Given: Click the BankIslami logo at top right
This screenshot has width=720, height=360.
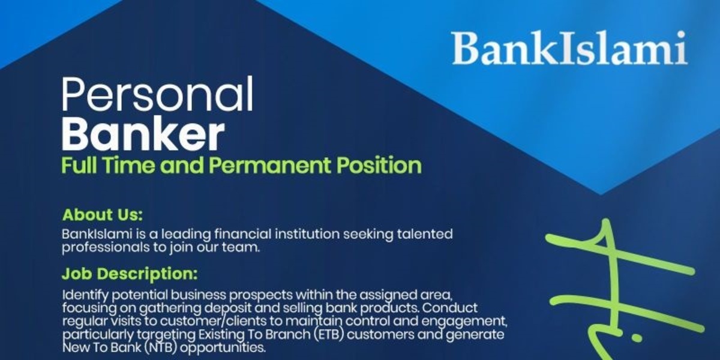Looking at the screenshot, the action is [x=569, y=48].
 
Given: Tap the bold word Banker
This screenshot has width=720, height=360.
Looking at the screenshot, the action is [x=143, y=135].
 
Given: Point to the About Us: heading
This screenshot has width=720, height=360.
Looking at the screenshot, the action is [x=103, y=215].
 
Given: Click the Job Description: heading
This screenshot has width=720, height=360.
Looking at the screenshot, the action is [x=129, y=274].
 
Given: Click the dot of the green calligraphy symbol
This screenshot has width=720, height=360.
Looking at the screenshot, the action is [x=637, y=338].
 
